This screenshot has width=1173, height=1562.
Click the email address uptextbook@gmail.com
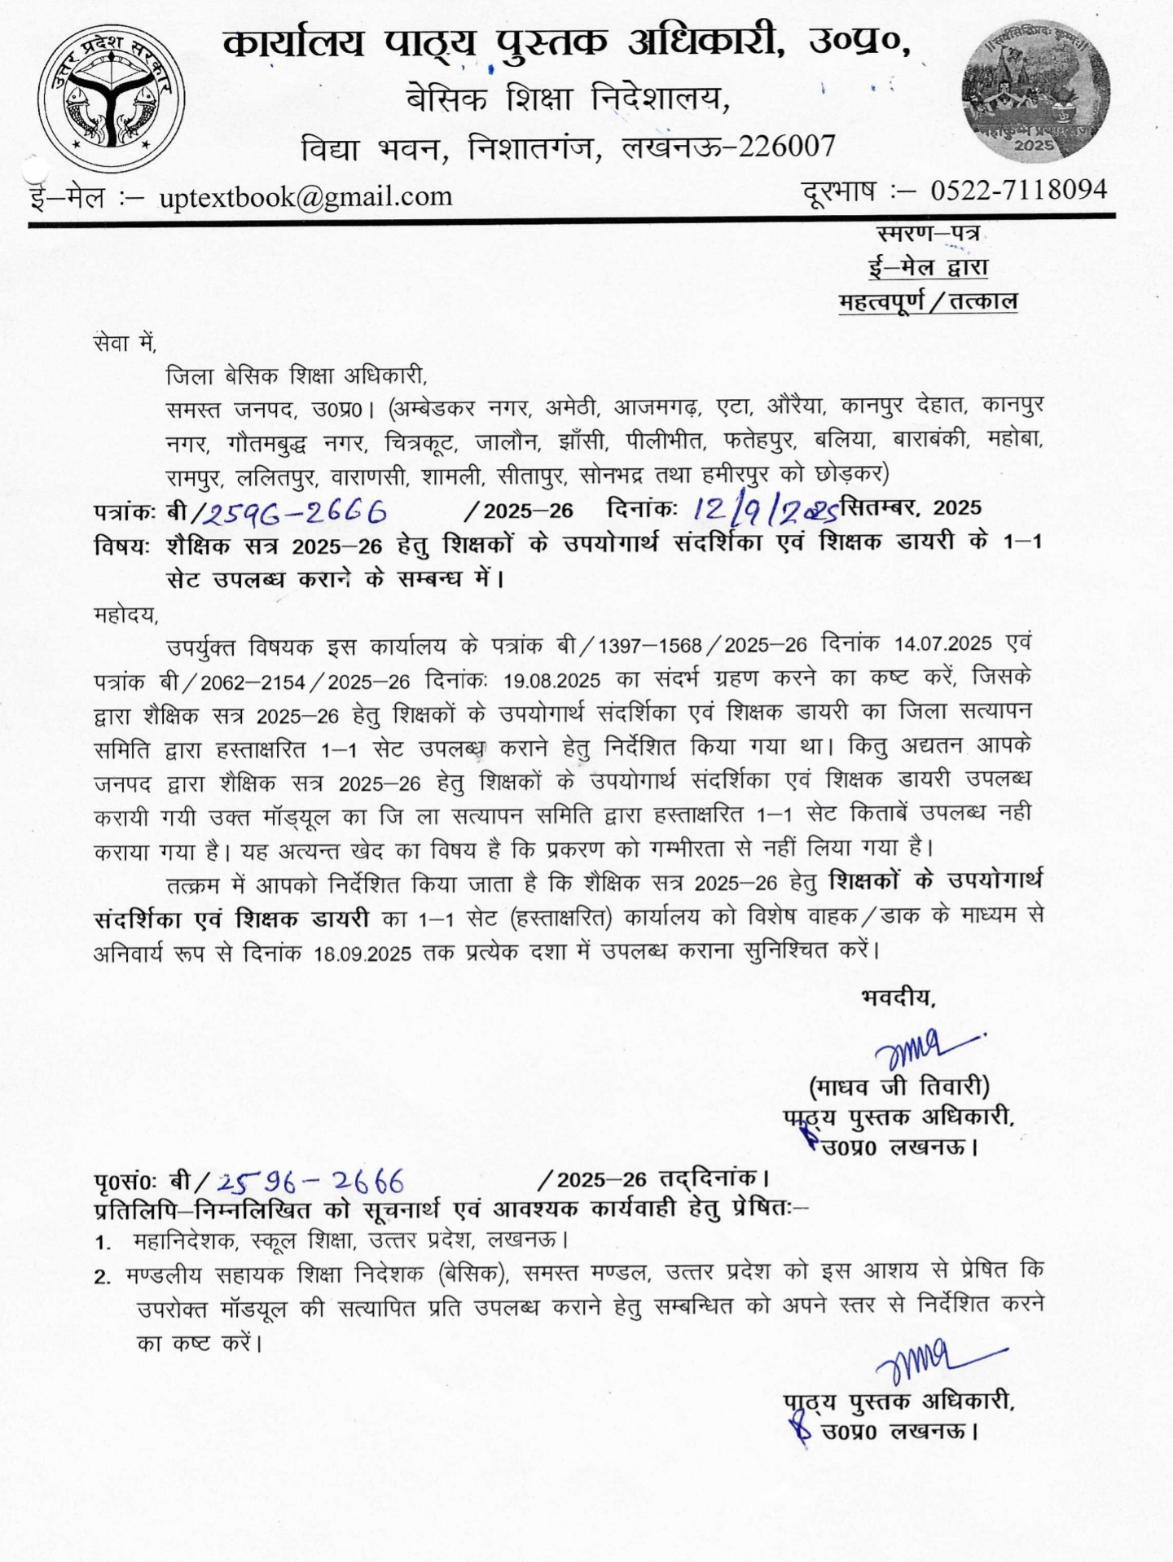pyautogui.click(x=305, y=196)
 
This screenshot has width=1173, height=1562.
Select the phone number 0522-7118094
pyautogui.click(x=1018, y=190)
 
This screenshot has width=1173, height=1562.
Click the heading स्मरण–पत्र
pyautogui.click(x=928, y=234)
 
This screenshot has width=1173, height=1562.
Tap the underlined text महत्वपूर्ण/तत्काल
pyautogui.click(x=928, y=301)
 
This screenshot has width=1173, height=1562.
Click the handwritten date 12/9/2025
pyautogui.click(x=765, y=510)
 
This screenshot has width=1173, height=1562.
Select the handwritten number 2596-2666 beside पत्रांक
pyautogui.click(x=295, y=512)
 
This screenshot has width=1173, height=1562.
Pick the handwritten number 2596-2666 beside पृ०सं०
pyautogui.click(x=311, y=1181)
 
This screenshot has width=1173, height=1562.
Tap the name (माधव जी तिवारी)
pyautogui.click(x=898, y=1086)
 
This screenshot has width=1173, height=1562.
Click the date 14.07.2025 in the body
pyautogui.click(x=942, y=644)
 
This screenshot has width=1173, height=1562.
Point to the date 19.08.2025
pyautogui.click(x=551, y=681)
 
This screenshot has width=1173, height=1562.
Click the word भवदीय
pyautogui.click(x=898, y=997)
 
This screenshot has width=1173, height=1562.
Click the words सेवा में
pyautogui.click(x=125, y=344)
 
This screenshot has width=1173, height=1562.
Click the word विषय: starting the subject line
pyautogui.click(x=121, y=546)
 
